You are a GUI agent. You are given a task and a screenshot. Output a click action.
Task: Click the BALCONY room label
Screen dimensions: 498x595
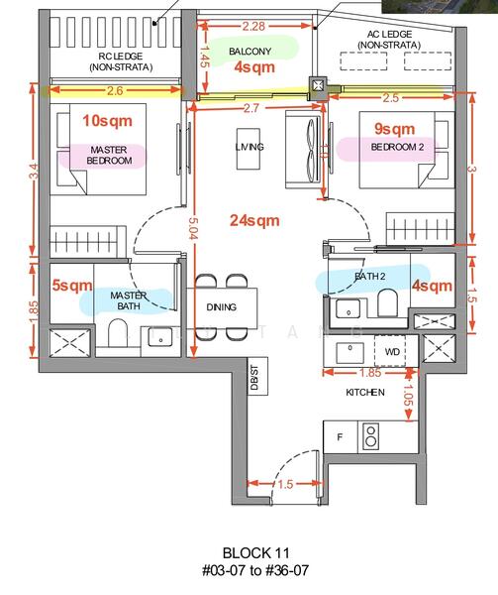tap(249, 52)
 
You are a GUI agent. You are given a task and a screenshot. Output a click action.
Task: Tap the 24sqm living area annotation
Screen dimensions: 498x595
tap(254, 220)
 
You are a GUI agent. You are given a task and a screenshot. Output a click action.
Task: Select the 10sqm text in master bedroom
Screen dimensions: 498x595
tap(108, 121)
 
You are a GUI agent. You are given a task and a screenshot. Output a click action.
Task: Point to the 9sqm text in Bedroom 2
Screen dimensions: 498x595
tap(395, 129)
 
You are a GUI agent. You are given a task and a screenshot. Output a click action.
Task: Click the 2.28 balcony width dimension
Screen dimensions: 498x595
tap(253, 26)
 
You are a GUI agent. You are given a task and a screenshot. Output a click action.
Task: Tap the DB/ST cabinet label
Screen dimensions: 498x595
tap(254, 377)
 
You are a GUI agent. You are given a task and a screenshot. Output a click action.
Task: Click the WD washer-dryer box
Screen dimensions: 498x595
tap(392, 351)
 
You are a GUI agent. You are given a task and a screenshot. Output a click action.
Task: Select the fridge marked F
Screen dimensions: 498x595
tap(340, 436)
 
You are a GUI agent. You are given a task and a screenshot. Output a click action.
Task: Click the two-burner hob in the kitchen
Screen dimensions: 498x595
tap(370, 436)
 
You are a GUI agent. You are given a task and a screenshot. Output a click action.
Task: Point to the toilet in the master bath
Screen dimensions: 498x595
tap(117, 333)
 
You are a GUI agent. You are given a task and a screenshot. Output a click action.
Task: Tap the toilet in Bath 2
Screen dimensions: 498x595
tap(387, 302)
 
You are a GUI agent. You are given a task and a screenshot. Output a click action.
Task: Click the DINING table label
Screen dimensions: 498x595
tap(222, 307)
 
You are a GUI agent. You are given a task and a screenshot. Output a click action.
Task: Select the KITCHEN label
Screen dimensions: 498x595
tap(365, 393)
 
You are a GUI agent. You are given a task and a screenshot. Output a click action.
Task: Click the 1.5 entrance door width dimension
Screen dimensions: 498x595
tap(285, 484)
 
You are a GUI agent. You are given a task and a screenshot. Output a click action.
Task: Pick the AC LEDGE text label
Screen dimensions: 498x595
tap(389, 34)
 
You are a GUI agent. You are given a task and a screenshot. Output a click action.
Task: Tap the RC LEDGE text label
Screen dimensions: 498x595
tap(121, 57)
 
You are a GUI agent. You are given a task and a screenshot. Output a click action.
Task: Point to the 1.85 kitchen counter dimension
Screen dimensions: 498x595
tap(370, 373)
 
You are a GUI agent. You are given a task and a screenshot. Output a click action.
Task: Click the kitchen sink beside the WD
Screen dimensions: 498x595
tap(349, 351)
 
